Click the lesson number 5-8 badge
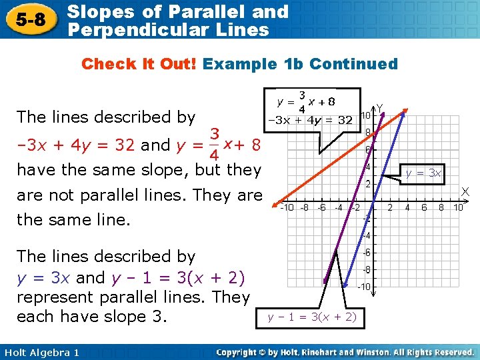point(33,20)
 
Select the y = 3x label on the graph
point(423,173)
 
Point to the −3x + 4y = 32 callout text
point(310,121)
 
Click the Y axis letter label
point(380,107)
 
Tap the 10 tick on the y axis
point(366,115)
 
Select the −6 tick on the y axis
point(366,252)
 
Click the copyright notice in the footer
point(345,352)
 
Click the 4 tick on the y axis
point(368,167)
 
